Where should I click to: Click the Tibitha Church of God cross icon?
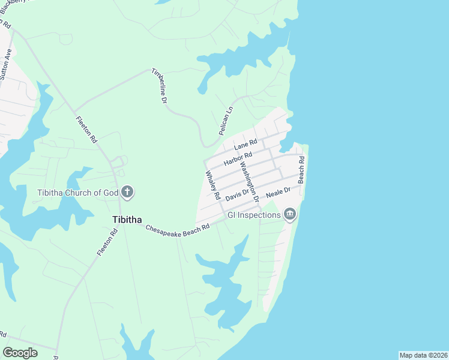[127, 193]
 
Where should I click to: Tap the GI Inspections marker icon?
[290, 214]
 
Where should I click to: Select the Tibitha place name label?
[127, 219]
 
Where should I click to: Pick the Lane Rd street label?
[246, 145]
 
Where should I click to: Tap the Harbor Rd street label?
[237, 160]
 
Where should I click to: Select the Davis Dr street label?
[237, 194]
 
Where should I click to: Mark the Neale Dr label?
[278, 192]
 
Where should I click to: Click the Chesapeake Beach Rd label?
[177, 228]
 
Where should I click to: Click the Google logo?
[20, 353]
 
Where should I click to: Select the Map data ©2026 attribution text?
[423, 355]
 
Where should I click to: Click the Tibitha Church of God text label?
[77, 193]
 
